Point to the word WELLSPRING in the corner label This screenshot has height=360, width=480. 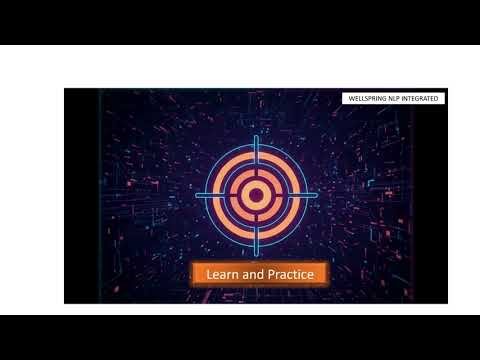(366, 98)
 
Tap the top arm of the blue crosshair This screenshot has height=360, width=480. (255, 145)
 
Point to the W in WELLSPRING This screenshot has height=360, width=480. (347, 98)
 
